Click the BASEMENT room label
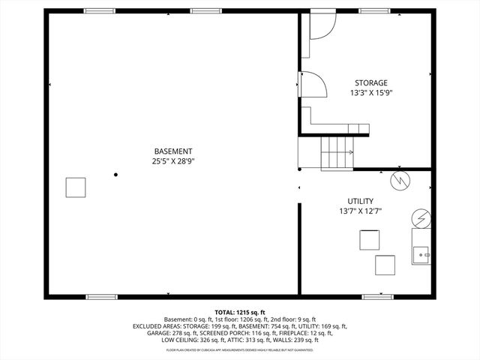[174, 151]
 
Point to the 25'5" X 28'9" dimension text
[174, 160]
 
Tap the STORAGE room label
[370, 82]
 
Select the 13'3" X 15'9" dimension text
[370, 93]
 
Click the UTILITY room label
[360, 201]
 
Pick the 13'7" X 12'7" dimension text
[360, 211]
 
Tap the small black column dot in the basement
[115, 175]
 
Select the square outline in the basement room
[75, 187]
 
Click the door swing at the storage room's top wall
[323, 27]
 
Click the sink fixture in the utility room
[421, 253]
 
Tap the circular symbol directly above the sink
[421, 218]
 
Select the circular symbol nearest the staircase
[401, 181]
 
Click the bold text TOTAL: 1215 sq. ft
[240, 312]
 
